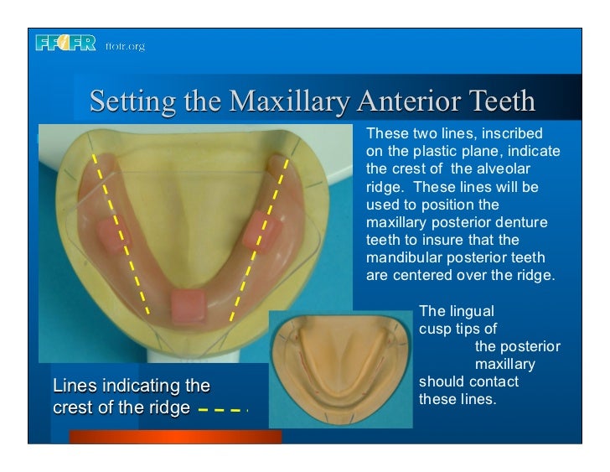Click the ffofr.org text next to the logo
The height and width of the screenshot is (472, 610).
click(125, 46)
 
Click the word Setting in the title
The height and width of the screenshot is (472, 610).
click(126, 102)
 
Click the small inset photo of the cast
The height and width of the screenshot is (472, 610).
click(340, 370)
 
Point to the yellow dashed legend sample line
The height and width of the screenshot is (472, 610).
click(224, 411)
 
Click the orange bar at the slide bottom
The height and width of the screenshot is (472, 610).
click(175, 437)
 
